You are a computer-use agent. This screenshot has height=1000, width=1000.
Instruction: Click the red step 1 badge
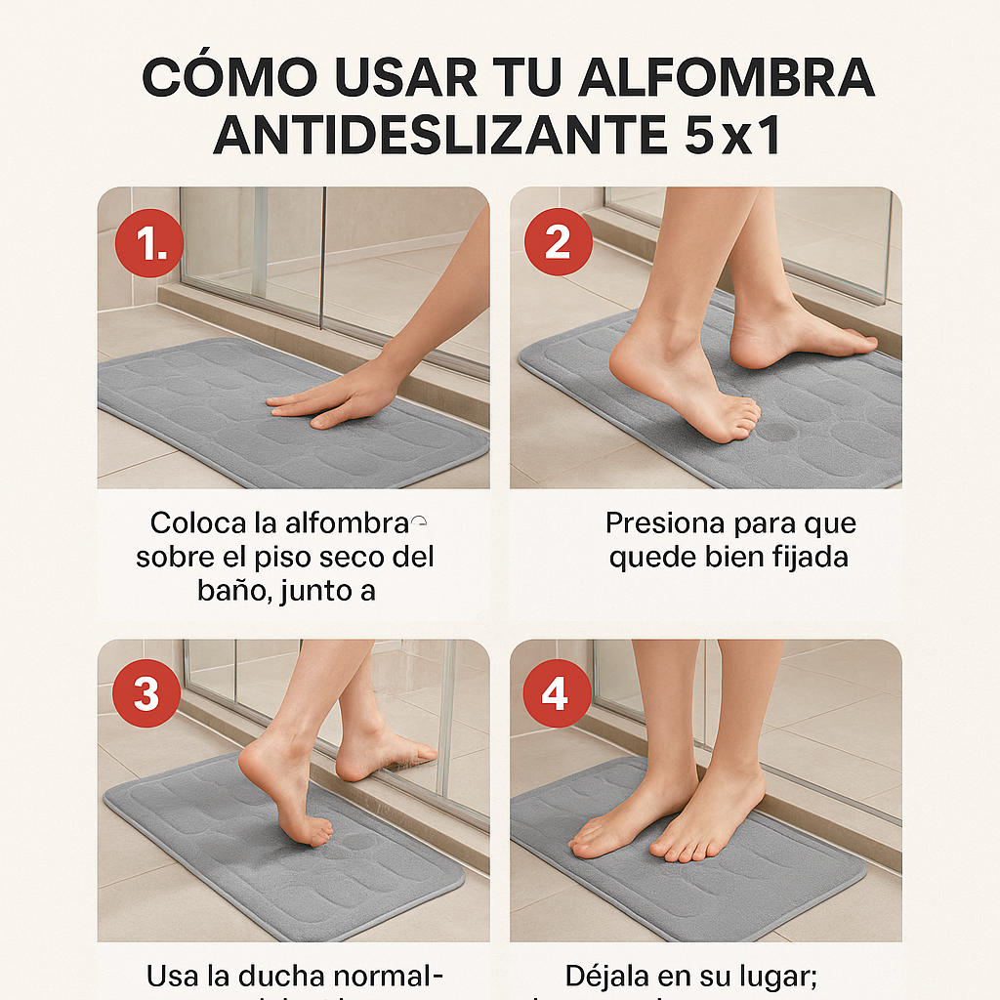pyautogui.click(x=148, y=244)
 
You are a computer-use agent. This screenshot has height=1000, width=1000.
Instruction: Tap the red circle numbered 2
pyautogui.click(x=558, y=240)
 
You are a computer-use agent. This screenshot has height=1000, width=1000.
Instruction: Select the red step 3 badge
pyautogui.click(x=146, y=693)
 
